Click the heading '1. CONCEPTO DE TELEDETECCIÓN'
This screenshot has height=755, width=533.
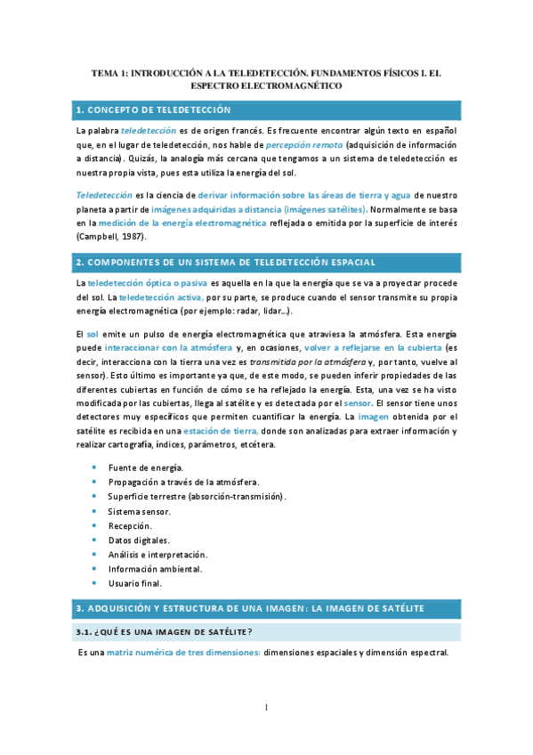[x=153, y=110]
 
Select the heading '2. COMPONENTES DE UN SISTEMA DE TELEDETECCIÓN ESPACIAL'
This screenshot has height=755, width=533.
[x=226, y=262]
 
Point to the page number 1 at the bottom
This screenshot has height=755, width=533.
[x=266, y=708]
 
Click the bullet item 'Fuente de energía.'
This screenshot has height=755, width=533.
[x=145, y=467]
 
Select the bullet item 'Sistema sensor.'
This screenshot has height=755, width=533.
[x=139, y=511]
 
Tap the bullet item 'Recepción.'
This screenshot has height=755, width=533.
[x=131, y=525]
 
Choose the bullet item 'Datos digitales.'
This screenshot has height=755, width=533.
[x=139, y=540]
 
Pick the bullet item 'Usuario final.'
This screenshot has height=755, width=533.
[x=134, y=583]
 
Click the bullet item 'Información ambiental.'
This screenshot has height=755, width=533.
[x=155, y=568]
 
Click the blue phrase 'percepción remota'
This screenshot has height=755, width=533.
[x=303, y=145]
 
